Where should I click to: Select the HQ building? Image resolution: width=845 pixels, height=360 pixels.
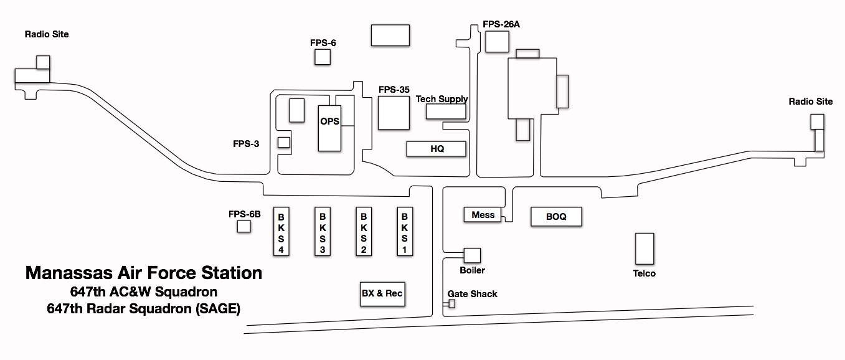436,149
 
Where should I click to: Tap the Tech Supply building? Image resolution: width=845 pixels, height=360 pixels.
446,111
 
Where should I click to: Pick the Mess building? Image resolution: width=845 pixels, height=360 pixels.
483,215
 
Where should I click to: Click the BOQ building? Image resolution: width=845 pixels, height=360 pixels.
556,217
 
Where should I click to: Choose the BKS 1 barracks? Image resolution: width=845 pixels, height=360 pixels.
405,230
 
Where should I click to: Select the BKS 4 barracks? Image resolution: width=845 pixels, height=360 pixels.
281,230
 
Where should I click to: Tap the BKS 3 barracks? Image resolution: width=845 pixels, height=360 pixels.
323,230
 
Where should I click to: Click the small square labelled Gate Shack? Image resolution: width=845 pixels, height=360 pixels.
452,303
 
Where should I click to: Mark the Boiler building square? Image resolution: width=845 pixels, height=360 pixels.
472,255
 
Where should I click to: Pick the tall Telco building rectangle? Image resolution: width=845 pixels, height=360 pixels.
644,249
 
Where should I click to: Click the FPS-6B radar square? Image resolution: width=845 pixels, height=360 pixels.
243,227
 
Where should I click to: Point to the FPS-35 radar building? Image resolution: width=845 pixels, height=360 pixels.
394,113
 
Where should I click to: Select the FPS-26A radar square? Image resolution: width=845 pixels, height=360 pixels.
497,41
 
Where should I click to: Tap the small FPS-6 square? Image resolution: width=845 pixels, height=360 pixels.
322,57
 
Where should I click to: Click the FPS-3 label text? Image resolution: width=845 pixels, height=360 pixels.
246,144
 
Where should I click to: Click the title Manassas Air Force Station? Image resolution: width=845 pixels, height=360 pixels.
143,273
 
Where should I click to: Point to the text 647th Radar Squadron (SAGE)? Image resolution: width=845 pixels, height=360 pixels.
143,308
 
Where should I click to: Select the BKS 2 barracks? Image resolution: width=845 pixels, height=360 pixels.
364,230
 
